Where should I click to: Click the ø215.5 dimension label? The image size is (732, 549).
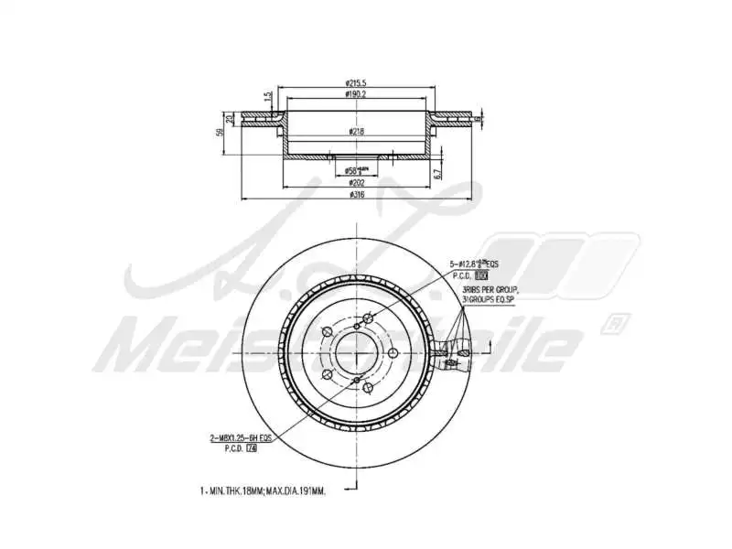coord(356,83)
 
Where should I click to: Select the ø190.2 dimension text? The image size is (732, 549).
coord(356,94)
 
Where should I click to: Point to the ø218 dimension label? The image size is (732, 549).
coord(356,132)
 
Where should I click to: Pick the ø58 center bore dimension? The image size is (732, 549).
coord(356,170)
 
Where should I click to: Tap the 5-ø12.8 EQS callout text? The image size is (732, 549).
coord(475,264)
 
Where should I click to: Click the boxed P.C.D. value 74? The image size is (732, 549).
coord(252,448)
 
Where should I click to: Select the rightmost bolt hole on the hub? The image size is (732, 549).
coord(393,352)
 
